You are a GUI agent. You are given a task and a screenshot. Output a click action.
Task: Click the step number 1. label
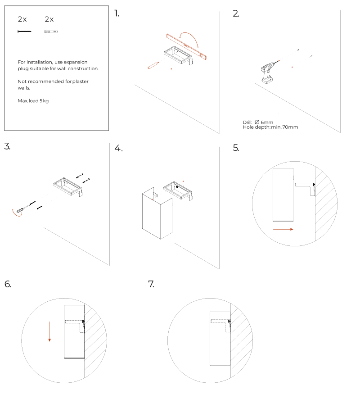117,13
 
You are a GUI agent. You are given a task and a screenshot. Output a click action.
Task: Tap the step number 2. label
236,13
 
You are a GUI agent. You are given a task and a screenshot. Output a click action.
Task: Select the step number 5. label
236,148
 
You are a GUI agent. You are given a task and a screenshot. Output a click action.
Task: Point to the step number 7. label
151,284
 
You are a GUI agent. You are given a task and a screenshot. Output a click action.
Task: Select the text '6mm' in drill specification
267,122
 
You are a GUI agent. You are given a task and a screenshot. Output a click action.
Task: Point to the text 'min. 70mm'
284,127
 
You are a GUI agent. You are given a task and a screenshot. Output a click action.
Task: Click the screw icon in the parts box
24,32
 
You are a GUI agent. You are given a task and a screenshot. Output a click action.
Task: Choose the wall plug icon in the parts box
51,32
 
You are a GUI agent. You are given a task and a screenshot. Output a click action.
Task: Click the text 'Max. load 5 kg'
33,101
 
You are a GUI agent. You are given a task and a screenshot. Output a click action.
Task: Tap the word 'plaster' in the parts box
81,82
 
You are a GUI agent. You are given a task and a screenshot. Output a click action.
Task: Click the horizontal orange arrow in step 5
283,229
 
